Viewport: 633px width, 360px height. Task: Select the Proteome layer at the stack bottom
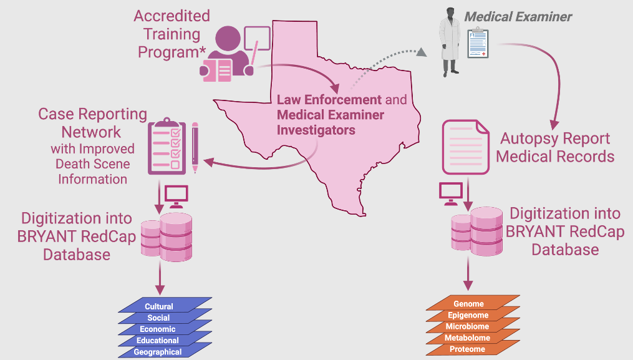pyautogui.click(x=467, y=349)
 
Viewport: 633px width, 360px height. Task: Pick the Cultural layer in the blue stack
pyautogui.click(x=159, y=306)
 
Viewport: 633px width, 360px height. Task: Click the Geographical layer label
pyautogui.click(x=158, y=352)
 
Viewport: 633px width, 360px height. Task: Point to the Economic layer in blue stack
pyautogui.click(x=158, y=329)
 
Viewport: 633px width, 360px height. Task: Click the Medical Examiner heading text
pyautogui.click(x=518, y=17)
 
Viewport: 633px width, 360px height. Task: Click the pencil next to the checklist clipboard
pyautogui.click(x=195, y=147)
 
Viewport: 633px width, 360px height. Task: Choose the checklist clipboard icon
pyautogui.click(x=167, y=147)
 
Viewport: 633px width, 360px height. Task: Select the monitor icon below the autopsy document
pyautogui.click(x=450, y=193)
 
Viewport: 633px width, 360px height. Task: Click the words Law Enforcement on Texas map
pyautogui.click(x=329, y=100)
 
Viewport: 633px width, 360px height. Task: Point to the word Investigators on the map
pyautogui.click(x=316, y=130)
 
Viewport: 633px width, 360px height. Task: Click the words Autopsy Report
pyautogui.click(x=555, y=139)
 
